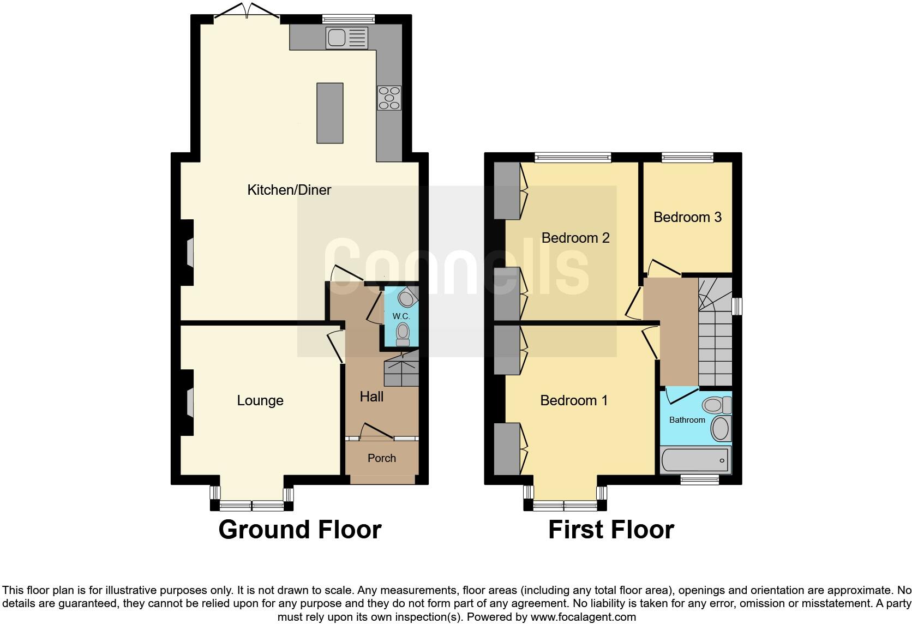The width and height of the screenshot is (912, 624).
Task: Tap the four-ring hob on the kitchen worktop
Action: coord(389,98)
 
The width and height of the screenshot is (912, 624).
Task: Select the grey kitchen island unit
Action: coord(330,113)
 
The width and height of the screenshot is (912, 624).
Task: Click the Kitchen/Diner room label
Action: coord(289,190)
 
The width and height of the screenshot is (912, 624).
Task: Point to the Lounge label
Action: coord(260,400)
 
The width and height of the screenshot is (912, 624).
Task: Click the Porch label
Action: coord(382,458)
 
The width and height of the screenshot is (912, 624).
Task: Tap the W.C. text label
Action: coord(401,316)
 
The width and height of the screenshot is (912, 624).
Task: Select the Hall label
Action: coord(371,397)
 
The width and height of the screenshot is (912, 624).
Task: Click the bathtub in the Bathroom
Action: coord(695,461)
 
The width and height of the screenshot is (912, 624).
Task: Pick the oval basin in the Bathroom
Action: coord(721,429)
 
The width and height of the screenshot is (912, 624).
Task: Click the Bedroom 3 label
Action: coord(687,217)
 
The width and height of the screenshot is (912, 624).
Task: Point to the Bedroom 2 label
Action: coord(575,238)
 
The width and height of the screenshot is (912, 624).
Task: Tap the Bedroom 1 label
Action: coord(574,400)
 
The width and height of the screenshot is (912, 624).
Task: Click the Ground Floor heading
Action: coord(300,530)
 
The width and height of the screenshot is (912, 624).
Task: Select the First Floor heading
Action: coord(611,530)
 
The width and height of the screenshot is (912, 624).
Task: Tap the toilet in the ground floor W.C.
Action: coord(403,334)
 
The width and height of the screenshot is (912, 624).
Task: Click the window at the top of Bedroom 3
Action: coord(687,158)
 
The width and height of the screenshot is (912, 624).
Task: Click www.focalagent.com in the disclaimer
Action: coord(583,617)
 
